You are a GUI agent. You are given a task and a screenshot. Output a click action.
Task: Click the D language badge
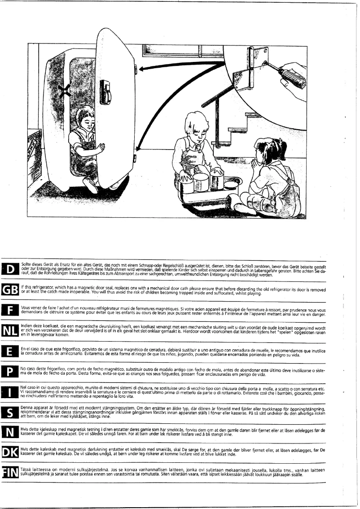pos(10,269)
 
